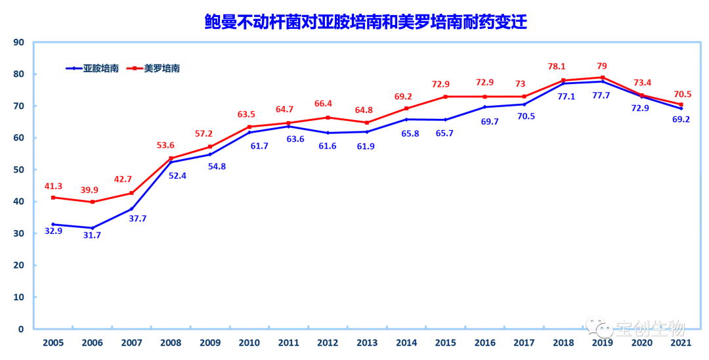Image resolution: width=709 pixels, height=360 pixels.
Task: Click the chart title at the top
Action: (x=366, y=22)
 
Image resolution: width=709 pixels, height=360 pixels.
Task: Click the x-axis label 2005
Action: (x=53, y=343)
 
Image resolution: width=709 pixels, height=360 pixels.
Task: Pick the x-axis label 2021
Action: (x=680, y=343)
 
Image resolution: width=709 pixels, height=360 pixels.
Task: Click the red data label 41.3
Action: (x=53, y=186)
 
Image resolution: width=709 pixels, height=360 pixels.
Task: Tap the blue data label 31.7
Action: (x=92, y=236)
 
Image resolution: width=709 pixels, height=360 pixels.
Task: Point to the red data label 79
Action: (x=601, y=66)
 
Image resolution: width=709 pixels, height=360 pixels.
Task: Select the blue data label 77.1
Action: (x=563, y=97)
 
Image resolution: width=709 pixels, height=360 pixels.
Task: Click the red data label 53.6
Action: (x=171, y=146)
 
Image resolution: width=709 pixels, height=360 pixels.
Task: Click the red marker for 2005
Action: (x=53, y=198)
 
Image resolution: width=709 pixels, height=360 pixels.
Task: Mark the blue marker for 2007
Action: (x=131, y=209)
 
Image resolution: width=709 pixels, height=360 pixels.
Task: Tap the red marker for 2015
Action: (x=445, y=97)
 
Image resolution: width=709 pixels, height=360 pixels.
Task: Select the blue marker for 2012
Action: (x=328, y=133)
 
